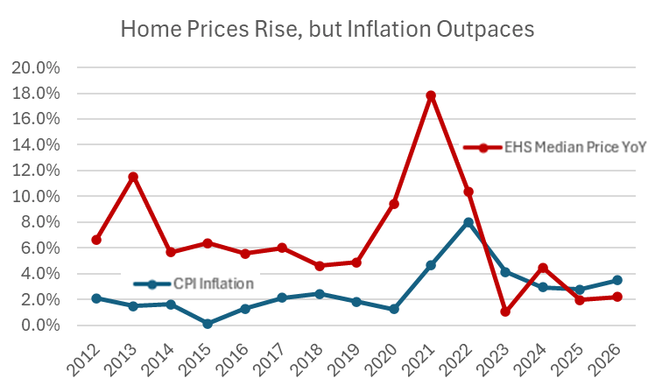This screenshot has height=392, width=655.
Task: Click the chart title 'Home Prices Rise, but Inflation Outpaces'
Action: point(327,29)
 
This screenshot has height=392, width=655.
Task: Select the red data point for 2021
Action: point(431,95)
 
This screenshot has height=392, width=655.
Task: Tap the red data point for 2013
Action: point(132,177)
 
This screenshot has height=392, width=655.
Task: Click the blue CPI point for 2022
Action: point(468,222)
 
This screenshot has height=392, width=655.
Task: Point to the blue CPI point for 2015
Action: point(208,324)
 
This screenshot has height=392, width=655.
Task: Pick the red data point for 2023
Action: point(506,311)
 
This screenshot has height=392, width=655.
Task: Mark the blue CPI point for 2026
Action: point(618,280)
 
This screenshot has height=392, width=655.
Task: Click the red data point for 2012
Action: point(95,240)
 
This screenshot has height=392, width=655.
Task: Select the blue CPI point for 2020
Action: point(394,309)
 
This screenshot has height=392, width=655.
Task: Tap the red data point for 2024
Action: point(543,268)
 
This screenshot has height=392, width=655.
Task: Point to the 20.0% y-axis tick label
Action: point(35,68)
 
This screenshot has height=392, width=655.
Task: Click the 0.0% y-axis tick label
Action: point(39,325)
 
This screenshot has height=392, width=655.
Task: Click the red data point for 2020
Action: point(394,204)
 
